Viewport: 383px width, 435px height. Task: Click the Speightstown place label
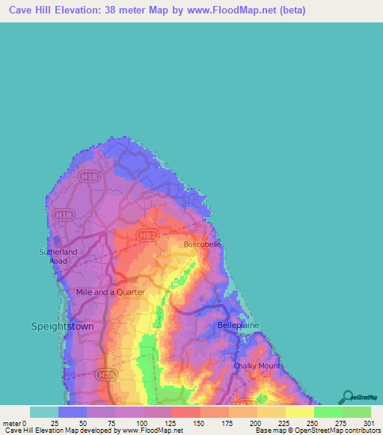point(64,326)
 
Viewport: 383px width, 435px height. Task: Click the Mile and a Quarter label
point(111,292)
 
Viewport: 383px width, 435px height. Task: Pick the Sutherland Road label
point(58,256)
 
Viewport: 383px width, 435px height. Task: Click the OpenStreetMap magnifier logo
point(347,397)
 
